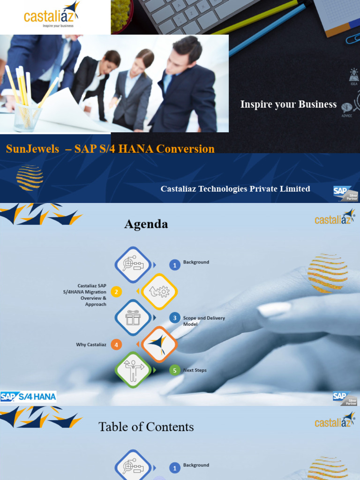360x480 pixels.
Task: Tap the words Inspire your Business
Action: pyautogui.click(x=288, y=104)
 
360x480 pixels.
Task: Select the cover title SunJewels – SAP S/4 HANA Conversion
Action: pyautogui.click(x=110, y=149)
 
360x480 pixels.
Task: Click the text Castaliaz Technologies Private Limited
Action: pyautogui.click(x=235, y=189)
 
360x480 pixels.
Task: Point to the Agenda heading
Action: pyautogui.click(x=146, y=225)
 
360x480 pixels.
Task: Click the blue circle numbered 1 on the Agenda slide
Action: pyautogui.click(x=175, y=265)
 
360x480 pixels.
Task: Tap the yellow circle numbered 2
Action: pyautogui.click(x=116, y=292)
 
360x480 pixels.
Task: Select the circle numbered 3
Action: pyautogui.click(x=175, y=318)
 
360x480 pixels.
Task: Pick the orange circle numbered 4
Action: pyautogui.click(x=116, y=345)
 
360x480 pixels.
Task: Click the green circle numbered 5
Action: pyautogui.click(x=175, y=371)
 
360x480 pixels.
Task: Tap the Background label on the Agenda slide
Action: pyautogui.click(x=196, y=262)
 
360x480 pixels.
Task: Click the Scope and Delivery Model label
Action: pyautogui.click(x=204, y=321)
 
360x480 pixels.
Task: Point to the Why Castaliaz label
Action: pyautogui.click(x=91, y=345)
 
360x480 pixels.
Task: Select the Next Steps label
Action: pyautogui.click(x=195, y=370)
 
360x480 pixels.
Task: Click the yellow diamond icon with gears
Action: pyautogui.click(x=159, y=292)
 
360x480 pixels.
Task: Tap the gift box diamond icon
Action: pyautogui.click(x=133, y=318)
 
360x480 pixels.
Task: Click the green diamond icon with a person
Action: pyautogui.click(x=133, y=370)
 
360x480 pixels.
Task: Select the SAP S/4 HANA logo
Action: pyautogui.click(x=28, y=397)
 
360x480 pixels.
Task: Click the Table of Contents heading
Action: pyautogui.click(x=146, y=427)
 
